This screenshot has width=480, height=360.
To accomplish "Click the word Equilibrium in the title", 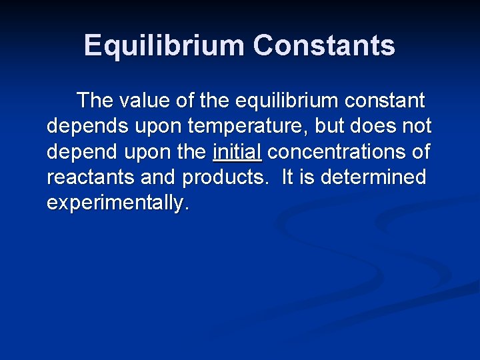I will pyautogui.click(x=164, y=46).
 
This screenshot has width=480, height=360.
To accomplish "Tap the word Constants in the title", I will pyautogui.click(x=324, y=46).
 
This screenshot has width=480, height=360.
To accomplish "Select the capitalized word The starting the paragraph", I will pyautogui.click(x=95, y=101).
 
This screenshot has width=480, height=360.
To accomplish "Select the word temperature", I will pyautogui.click(x=243, y=127).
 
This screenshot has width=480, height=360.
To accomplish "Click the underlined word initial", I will pyautogui.click(x=237, y=151).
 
